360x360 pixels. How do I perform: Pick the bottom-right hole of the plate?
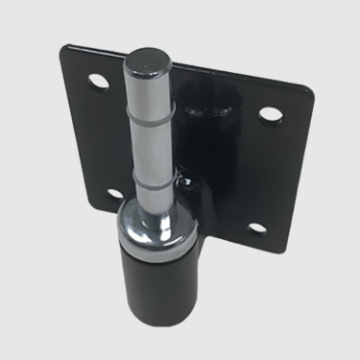point(256,227)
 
